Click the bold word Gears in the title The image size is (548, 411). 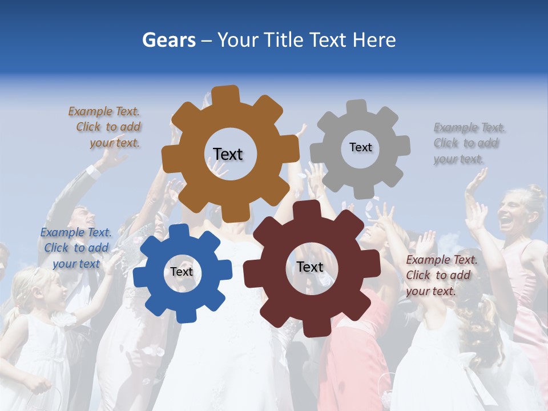point(169,41)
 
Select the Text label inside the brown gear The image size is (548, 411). point(228,154)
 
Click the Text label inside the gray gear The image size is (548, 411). point(360,147)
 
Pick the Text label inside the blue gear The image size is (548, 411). point(182,272)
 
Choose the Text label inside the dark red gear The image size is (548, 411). point(310,267)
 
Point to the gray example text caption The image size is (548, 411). point(466,143)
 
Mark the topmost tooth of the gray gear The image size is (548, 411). point(356,107)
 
